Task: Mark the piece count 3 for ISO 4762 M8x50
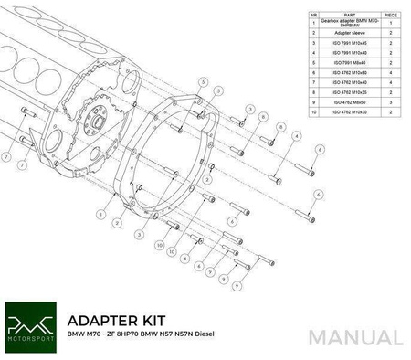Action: [391, 102]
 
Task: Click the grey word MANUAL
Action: [355, 336]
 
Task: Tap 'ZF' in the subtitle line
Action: [122, 340]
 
